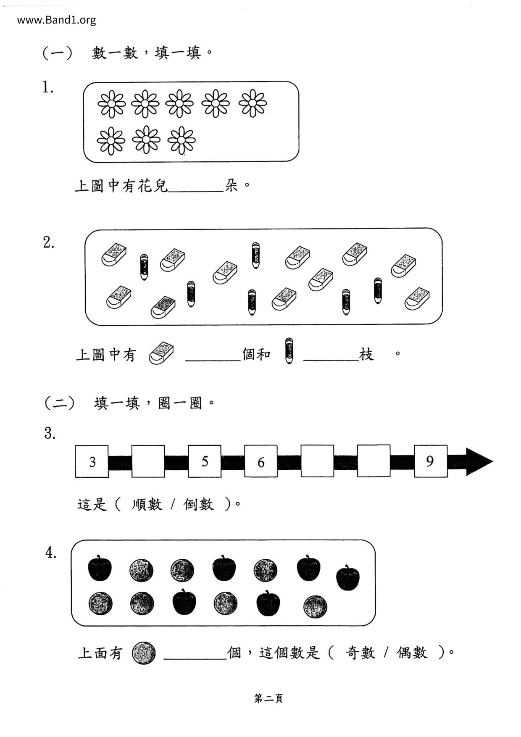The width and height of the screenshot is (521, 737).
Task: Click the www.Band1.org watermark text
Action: (x=56, y=20)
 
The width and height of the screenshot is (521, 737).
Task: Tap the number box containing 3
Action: (x=92, y=461)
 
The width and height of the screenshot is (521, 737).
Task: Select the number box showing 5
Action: (x=205, y=461)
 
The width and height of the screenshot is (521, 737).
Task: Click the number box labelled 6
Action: (x=261, y=461)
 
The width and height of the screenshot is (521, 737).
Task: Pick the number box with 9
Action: (x=430, y=461)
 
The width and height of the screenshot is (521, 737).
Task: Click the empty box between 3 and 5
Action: (x=148, y=461)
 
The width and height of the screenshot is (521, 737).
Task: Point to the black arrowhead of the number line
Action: (x=479, y=461)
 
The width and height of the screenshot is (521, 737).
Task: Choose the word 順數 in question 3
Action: (x=147, y=504)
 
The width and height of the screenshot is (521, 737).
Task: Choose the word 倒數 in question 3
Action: (x=199, y=504)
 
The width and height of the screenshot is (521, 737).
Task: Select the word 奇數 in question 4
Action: (x=360, y=653)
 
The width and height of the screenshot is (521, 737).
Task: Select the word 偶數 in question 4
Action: (x=412, y=653)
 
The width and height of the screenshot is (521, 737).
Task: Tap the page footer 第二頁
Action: (x=268, y=698)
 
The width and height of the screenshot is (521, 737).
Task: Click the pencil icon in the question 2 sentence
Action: (x=289, y=351)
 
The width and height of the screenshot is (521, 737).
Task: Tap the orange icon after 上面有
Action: (x=144, y=653)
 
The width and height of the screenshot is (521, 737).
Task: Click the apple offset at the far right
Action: (x=348, y=578)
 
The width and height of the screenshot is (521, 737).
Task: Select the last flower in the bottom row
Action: (x=182, y=140)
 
